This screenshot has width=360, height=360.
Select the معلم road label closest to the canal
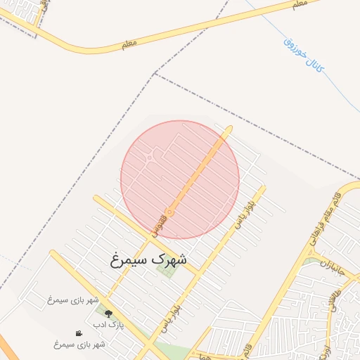tap(298, 5)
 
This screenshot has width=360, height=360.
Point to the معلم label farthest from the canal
tap(128, 44)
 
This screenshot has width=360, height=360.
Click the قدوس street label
tap(160, 222)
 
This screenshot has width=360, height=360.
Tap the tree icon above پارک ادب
tap(108, 314)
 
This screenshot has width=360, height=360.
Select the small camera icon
tap(79, 333)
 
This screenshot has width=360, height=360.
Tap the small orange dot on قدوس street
tap(169, 212)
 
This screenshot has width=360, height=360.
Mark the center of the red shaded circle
tap(180, 179)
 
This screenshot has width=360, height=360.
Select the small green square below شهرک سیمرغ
tap(168, 271)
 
